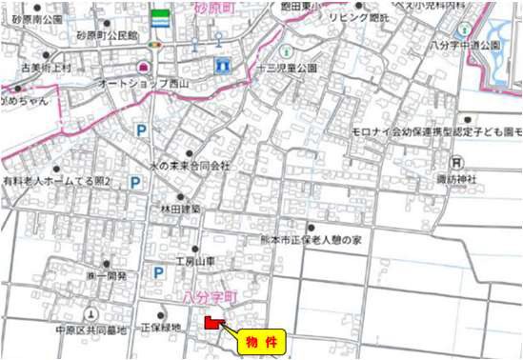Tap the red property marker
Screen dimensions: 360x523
211,324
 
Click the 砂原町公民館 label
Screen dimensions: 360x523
108,35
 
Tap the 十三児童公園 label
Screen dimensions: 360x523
287,69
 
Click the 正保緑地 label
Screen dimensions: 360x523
160,326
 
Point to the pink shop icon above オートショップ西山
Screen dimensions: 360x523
145,68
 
